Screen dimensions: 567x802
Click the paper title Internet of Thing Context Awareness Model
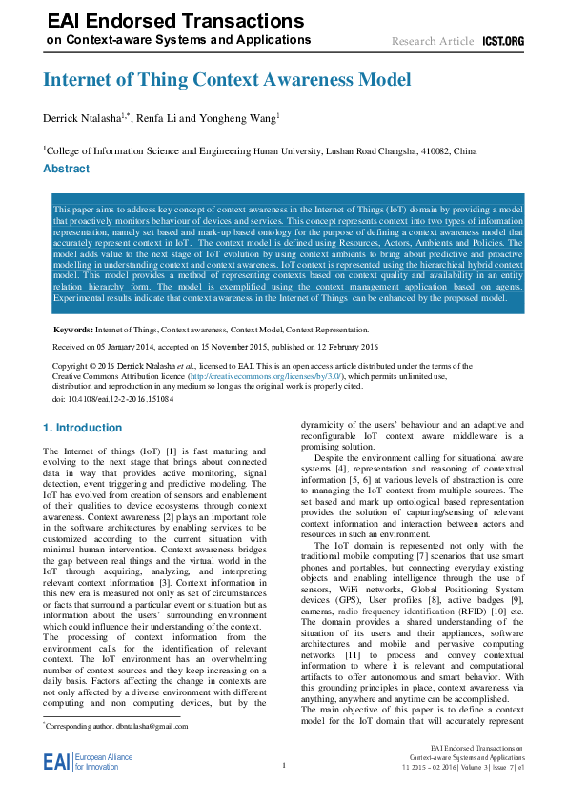click(227, 80)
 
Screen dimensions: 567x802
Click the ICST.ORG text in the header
click(503, 41)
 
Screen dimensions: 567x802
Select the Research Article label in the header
click(432, 41)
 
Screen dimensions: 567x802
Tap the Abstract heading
click(67, 169)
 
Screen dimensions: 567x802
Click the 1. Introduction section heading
click(83, 428)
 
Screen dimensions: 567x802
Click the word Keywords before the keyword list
click(72, 329)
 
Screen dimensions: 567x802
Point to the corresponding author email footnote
click(116, 726)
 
